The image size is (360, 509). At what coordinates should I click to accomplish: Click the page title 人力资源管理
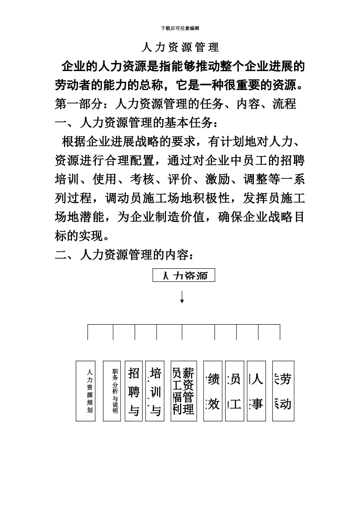point(180,47)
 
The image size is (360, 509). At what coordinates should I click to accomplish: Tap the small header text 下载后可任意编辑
point(180,28)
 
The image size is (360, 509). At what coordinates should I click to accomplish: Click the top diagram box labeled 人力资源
point(184,275)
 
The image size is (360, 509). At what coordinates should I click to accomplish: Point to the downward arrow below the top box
point(182,297)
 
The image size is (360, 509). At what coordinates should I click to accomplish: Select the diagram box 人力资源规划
point(85,391)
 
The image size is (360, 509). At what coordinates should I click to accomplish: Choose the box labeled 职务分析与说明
point(112,391)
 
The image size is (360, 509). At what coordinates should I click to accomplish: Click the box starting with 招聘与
point(134,391)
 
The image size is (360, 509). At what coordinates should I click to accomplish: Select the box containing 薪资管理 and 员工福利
point(183,391)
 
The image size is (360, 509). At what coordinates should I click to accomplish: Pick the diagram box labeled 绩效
point(213,391)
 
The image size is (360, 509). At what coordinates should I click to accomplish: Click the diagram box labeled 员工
point(235,391)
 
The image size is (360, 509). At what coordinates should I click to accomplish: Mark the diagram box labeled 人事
point(257,391)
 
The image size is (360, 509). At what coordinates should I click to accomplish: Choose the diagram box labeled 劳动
point(283,391)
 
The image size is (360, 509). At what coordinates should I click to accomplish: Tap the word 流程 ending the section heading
point(284,104)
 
